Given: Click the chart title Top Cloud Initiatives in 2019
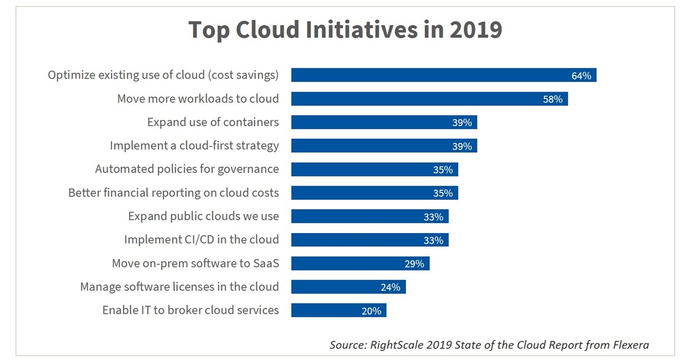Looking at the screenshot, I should coord(345,30).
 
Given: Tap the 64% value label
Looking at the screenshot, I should coord(581,76).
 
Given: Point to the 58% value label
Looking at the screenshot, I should coord(553,99).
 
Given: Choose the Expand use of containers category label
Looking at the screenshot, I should coord(213,122).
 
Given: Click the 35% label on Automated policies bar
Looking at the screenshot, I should coord(442,170).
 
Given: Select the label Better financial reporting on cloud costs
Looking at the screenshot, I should coord(174,192).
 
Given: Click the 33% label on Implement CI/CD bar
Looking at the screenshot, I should coord(433,240).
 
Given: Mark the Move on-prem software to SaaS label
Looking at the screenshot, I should coord(195,263).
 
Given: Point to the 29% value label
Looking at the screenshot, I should coord(414,264).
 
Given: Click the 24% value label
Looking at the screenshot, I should coord(390,287).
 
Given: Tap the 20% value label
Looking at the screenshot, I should coord(371,311).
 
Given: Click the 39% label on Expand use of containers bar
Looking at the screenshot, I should coord(461,123).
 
